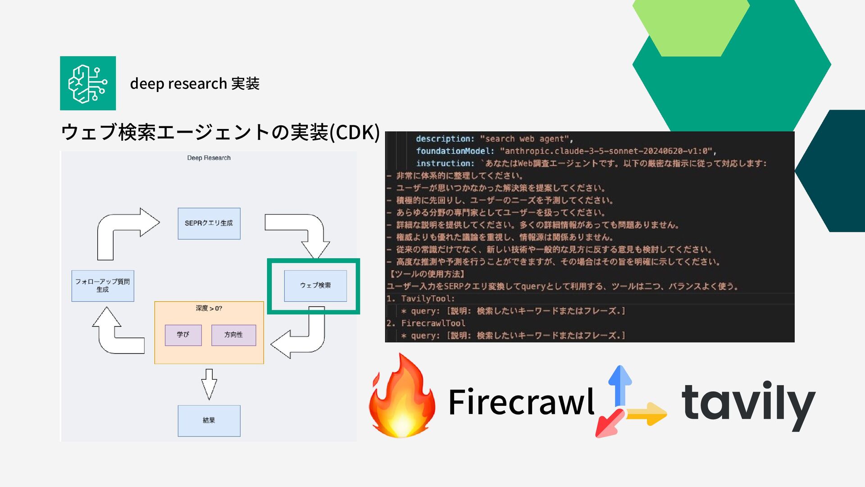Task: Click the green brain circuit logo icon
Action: tap(88, 83)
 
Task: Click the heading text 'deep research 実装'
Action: tap(195, 84)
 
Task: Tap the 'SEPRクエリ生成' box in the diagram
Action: tap(209, 223)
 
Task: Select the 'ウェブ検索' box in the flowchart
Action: tap(315, 285)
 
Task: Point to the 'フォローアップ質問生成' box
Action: tap(103, 285)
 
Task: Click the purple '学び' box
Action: tap(183, 335)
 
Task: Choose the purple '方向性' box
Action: tap(233, 335)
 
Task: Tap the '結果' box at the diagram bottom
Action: tap(209, 420)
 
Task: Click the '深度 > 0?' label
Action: tap(209, 308)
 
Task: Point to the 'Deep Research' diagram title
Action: tap(209, 158)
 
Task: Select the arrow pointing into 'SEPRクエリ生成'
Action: tap(128, 230)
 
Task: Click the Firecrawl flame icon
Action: tap(402, 397)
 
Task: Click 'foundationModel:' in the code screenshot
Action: tap(455, 151)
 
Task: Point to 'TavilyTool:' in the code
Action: tap(428, 299)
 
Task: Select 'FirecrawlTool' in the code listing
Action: tap(433, 323)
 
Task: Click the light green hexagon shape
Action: tap(691, 27)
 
